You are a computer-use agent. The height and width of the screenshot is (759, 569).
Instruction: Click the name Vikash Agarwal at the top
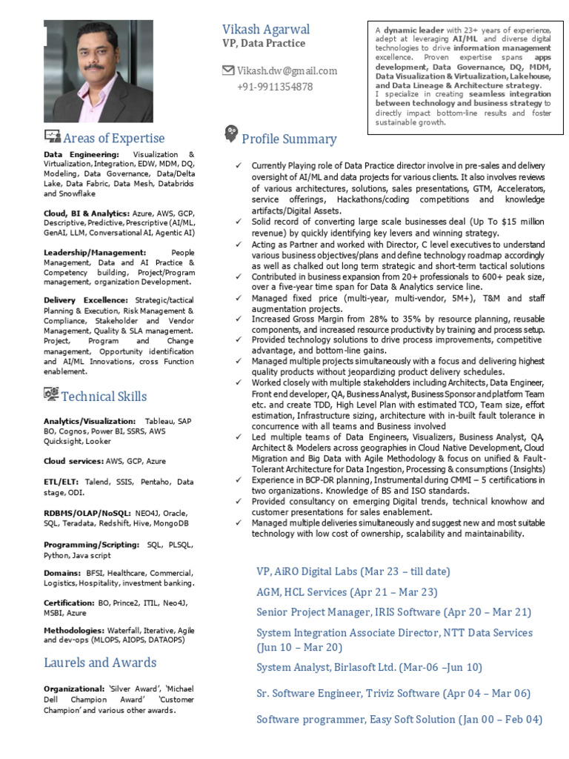tap(266, 30)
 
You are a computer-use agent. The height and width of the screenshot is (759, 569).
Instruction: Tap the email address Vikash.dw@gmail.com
tap(287, 71)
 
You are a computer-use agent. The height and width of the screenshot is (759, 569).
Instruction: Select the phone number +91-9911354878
tap(275, 87)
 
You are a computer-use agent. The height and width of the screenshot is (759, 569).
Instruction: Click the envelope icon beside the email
tap(228, 70)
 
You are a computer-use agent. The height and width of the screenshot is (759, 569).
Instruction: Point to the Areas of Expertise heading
tap(113, 138)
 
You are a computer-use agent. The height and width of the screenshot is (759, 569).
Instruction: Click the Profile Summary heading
tap(289, 139)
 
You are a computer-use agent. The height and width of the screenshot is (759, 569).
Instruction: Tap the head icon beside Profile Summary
tap(230, 135)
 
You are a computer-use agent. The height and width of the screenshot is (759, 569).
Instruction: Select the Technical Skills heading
tap(104, 396)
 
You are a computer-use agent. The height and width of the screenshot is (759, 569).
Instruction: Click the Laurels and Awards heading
tap(100, 662)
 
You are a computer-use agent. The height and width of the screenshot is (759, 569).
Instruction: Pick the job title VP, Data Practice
tap(263, 44)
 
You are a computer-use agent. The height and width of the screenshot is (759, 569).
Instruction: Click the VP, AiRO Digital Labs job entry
tap(353, 571)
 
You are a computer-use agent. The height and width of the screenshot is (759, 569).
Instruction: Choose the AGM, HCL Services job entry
tap(346, 591)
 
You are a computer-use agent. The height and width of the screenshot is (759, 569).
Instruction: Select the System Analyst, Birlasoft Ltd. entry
tap(368, 667)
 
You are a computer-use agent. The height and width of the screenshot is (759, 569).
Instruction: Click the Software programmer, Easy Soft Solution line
tap(399, 719)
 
